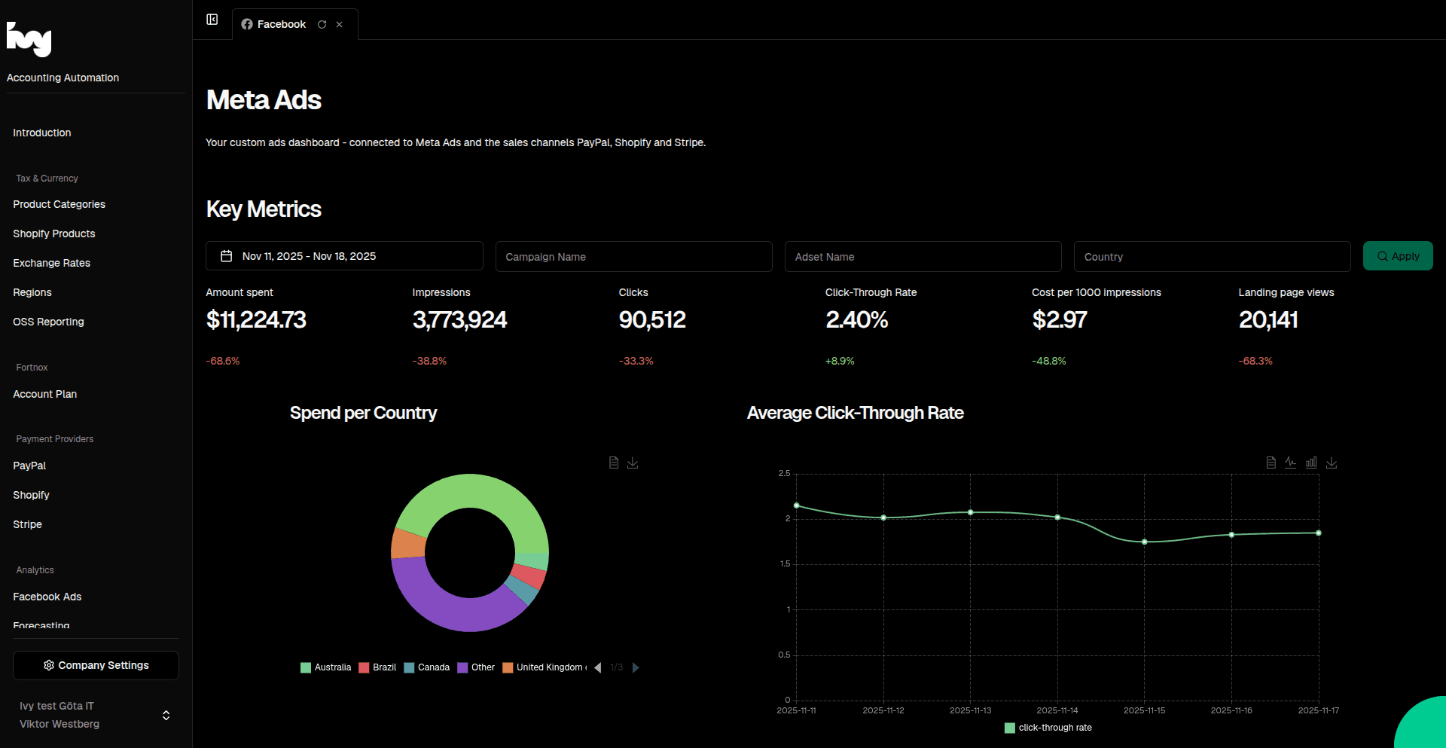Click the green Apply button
1397,256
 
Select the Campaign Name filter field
633,257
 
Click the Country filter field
1211,257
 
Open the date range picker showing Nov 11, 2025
344,256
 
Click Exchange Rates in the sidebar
51,263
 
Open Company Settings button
96,665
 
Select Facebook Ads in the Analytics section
47,597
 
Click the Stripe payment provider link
27,524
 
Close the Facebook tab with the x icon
339,25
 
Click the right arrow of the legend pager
636,667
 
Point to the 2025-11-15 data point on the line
1144,542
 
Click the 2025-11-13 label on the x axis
970,710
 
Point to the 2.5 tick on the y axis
784,473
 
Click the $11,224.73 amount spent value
256,320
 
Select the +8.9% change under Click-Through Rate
839,361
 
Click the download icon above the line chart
1332,463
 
